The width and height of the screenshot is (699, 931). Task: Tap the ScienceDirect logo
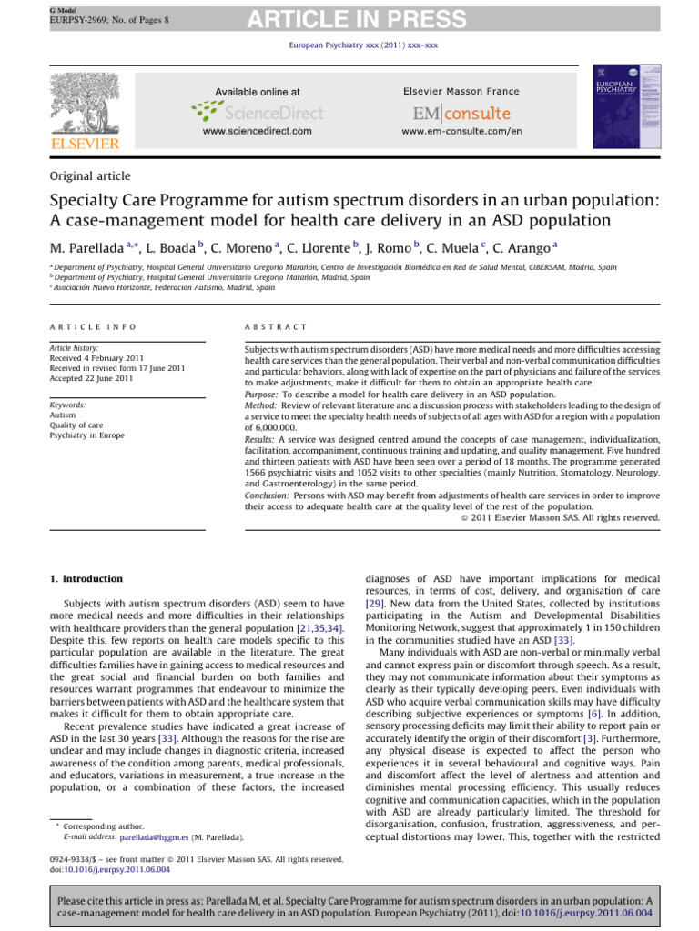tap(258, 112)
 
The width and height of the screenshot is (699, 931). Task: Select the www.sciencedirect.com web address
tap(258, 132)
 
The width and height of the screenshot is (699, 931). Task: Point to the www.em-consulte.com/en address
tap(461, 132)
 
